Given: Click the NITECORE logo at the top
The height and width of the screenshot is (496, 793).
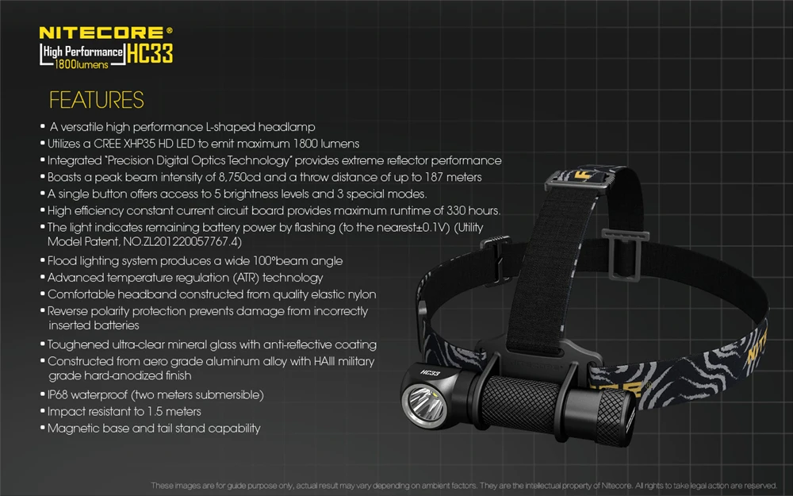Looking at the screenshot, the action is click(103, 33).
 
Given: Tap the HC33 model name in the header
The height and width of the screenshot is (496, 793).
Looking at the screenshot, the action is click(150, 55).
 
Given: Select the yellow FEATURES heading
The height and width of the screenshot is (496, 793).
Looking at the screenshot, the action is click(96, 100).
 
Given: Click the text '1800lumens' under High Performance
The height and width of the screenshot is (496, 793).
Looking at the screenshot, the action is click(84, 63).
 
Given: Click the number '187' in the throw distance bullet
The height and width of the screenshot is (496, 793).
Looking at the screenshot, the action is click(436, 177).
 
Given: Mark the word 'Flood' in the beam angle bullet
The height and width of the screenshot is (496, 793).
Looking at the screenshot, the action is click(64, 260).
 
